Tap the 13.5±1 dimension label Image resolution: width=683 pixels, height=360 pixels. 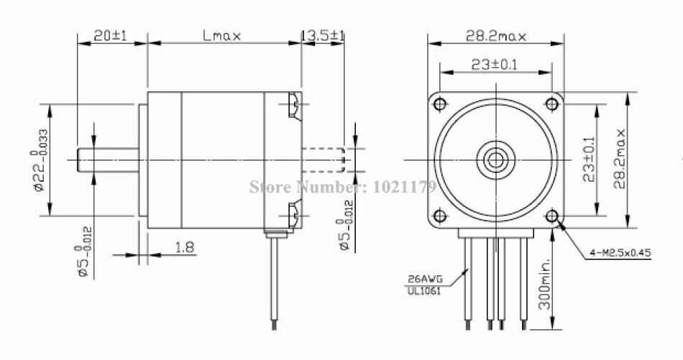pos(323,35)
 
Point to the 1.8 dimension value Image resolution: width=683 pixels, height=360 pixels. pos(185,247)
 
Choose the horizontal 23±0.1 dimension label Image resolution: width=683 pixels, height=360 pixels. pos(495,65)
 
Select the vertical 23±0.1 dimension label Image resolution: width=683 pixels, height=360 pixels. pos(590,159)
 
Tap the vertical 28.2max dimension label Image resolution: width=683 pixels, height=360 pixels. pos(619,159)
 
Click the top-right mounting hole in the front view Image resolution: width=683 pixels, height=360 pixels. pos(551,103)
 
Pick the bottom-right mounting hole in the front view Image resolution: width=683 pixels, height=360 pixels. pos(551,216)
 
